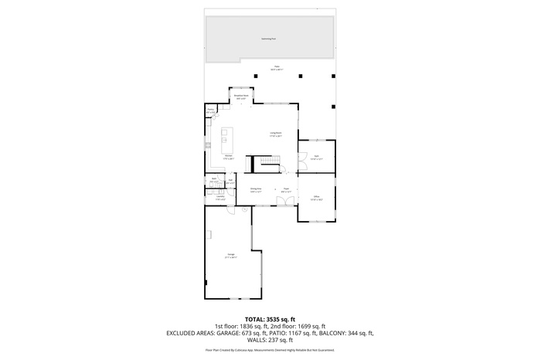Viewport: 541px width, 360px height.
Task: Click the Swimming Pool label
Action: coord(270,37)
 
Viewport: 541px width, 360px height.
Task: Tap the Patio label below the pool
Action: coord(276,68)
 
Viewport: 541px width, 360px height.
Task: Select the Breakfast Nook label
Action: coord(240,97)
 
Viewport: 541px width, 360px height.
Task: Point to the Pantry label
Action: coord(210,110)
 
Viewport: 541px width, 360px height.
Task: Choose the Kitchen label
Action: coord(229,157)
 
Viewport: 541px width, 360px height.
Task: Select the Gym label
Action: coord(317,157)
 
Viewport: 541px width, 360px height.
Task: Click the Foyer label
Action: coord(285,188)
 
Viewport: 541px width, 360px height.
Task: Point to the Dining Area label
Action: coord(256,188)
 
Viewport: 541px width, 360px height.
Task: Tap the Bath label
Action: coord(214,180)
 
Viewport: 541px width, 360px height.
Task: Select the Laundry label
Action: coord(220,197)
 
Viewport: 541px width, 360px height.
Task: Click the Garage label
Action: coord(231,254)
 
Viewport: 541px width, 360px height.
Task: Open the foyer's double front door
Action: coord(285,201)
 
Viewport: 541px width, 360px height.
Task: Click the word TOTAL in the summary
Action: coord(256,319)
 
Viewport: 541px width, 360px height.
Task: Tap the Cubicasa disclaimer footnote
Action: coord(270,349)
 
